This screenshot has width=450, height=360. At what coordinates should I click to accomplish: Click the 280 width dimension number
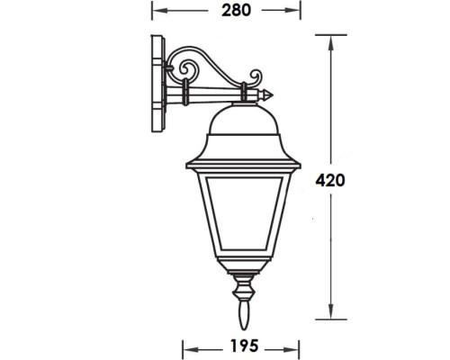[x=225, y=12]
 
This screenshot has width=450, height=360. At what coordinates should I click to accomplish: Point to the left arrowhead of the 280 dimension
[x=154, y=12]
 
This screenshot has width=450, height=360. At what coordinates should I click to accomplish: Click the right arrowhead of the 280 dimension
[x=295, y=12]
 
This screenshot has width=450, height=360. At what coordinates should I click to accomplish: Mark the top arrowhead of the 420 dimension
[x=333, y=39]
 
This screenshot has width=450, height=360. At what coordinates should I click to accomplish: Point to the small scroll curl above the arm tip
[x=256, y=76]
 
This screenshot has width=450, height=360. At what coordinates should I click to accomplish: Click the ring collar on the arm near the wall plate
[x=185, y=91]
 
